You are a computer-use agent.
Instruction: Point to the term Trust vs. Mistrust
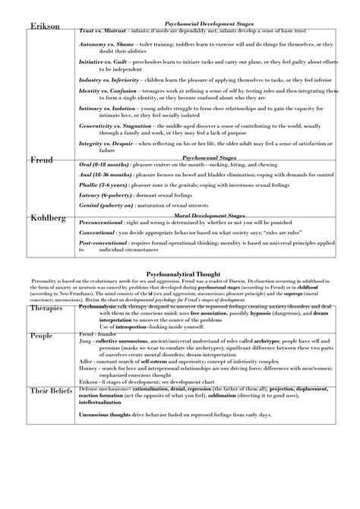pos(102,30)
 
